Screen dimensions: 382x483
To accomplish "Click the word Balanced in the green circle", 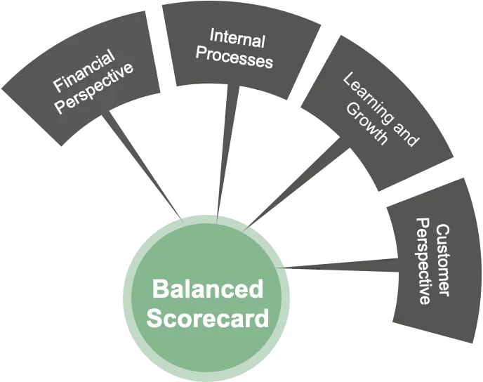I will pos(207,289).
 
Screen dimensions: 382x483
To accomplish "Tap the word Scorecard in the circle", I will pos(207,318).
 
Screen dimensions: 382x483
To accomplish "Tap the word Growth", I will pos(370,127).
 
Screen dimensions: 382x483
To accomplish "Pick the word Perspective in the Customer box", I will pos(424,261).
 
